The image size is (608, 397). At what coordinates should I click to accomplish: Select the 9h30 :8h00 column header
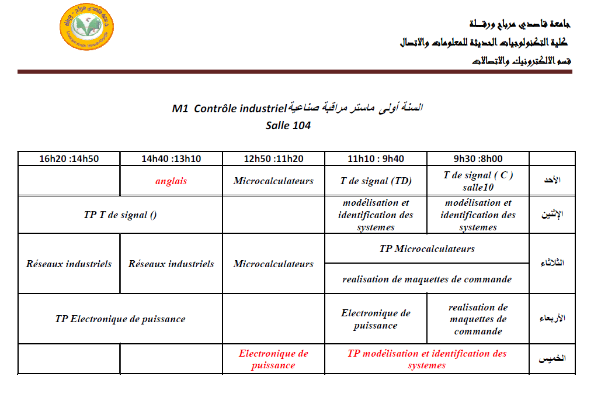click(478, 158)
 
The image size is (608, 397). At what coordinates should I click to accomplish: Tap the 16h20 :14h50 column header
click(69, 158)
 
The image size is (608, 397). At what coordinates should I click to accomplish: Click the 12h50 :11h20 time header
click(273, 158)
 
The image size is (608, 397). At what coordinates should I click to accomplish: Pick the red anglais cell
click(171, 181)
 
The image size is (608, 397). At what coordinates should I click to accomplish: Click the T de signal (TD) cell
click(376, 181)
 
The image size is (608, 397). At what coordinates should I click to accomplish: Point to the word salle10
click(478, 187)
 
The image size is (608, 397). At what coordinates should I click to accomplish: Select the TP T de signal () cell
click(120, 215)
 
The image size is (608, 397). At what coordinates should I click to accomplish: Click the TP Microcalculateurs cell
click(427, 249)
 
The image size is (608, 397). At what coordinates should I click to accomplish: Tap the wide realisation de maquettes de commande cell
click(427, 279)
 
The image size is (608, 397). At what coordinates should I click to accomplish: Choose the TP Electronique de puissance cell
click(120, 319)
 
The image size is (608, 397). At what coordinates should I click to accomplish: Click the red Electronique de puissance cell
click(273, 359)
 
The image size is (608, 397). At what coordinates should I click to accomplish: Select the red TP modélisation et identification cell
click(427, 359)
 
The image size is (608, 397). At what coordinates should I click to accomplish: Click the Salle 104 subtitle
click(288, 125)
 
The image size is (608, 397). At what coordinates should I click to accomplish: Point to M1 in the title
click(179, 109)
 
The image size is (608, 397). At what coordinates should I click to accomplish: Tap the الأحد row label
click(551, 181)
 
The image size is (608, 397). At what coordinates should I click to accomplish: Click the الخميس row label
click(551, 359)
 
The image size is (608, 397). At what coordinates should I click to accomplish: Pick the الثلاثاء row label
click(551, 263)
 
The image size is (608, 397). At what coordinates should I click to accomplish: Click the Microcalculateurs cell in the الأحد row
click(273, 181)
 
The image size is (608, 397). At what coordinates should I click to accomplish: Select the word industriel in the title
click(260, 109)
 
